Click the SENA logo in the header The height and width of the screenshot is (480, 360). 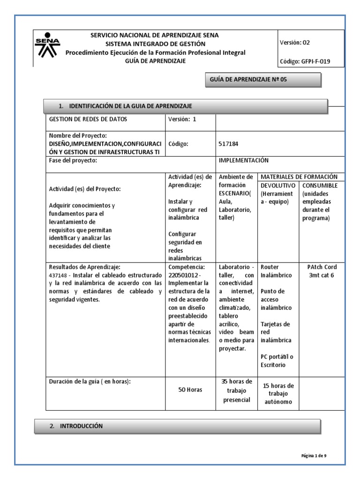click(x=47, y=47)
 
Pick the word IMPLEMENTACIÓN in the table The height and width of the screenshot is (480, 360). click(x=243, y=160)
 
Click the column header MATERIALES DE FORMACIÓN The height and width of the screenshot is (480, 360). click(x=299, y=177)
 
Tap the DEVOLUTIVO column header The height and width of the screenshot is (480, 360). click(x=277, y=186)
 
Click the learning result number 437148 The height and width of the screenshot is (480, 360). click(x=60, y=275)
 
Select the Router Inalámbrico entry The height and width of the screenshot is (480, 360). click(x=276, y=271)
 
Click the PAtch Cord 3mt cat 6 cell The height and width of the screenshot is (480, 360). click(x=322, y=271)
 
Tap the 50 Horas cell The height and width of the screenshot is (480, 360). click(x=190, y=390)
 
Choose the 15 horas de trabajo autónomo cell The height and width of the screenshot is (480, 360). click(x=278, y=394)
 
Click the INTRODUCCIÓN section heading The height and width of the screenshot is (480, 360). click(x=82, y=426)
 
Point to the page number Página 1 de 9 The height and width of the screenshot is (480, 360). click(x=317, y=455)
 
